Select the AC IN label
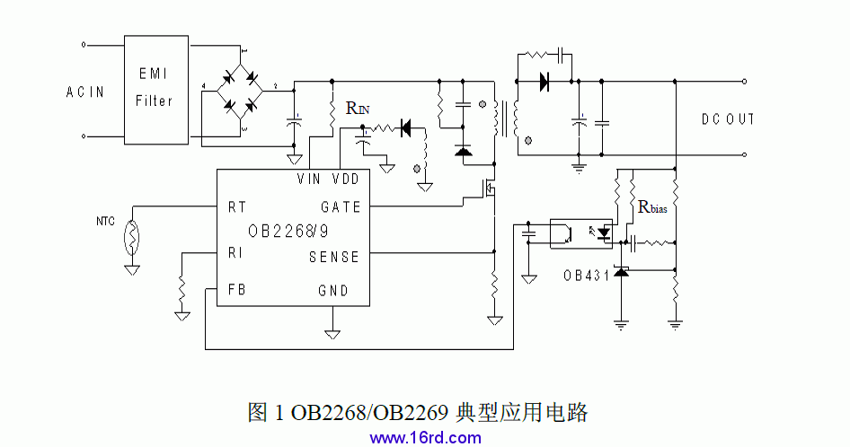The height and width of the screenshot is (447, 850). pos(85,92)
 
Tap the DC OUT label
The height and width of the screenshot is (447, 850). pos(728,119)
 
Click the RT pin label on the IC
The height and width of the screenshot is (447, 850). pos(237,207)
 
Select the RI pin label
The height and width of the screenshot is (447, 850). pos(235,254)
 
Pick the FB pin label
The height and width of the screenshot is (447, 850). pos(237,290)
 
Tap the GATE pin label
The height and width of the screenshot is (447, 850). pos(341,207)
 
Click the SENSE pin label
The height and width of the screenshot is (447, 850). pos(334,257)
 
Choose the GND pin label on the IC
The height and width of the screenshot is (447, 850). pos(333,291)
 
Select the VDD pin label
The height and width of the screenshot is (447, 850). pos(346,180)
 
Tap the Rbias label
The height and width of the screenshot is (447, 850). pos(652,207)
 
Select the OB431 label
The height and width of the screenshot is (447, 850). pos(586,275)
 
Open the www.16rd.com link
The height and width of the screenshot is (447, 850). pos(425,438)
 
